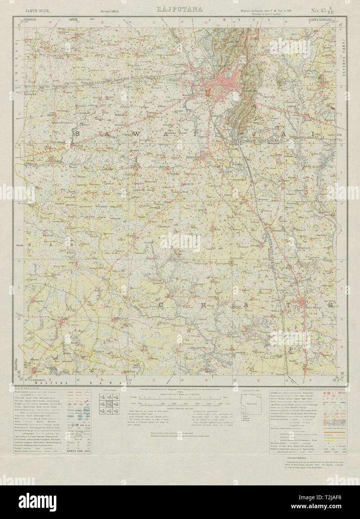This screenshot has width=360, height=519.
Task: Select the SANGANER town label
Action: click(202, 157)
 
